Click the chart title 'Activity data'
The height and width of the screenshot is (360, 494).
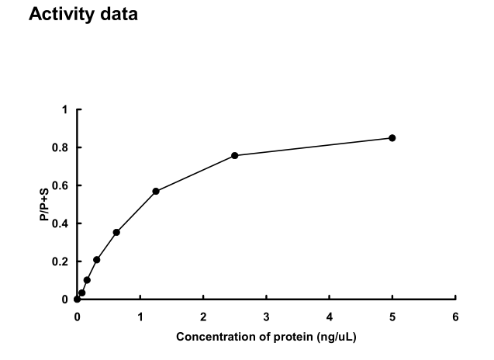(82, 14)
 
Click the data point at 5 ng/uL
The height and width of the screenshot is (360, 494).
(392, 138)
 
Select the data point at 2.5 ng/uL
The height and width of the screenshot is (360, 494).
(234, 155)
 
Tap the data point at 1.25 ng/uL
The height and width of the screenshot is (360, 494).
(156, 191)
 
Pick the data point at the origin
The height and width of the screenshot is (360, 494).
(77, 299)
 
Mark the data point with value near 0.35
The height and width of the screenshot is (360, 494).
(116, 232)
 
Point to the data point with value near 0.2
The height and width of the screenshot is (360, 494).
(96, 260)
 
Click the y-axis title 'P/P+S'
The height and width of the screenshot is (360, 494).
(46, 205)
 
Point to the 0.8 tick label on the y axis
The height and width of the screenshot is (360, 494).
(60, 147)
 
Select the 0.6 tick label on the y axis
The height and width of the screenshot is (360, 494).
(60, 185)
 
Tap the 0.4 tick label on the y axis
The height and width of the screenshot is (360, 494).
(60, 223)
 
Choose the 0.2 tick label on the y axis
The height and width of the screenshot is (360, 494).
(60, 261)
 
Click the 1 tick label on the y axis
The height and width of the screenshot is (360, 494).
(65, 109)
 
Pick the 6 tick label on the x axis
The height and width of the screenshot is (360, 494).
(455, 317)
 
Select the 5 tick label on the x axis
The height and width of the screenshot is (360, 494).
(392, 317)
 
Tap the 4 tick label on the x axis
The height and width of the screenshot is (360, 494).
(329, 317)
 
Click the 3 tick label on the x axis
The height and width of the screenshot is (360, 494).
(266, 317)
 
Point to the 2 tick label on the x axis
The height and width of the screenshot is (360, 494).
(203, 317)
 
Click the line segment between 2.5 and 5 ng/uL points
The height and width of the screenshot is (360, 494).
(313, 147)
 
